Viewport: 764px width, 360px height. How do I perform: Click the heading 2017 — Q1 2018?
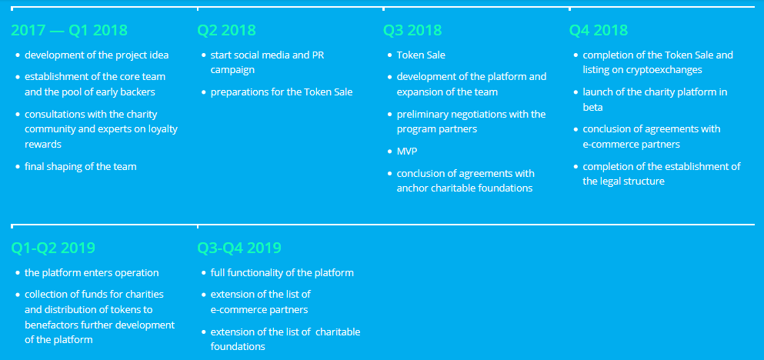69,30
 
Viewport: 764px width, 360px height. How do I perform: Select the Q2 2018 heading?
226,30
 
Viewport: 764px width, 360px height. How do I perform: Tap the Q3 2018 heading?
412,30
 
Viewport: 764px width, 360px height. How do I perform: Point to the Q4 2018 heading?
599,30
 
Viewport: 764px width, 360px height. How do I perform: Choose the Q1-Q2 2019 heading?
53,248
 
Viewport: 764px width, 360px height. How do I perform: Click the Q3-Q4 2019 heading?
239,248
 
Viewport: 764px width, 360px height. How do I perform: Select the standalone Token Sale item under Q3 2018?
421,55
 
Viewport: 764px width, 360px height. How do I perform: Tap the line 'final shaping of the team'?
80,167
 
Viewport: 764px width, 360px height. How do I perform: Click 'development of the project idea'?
96,55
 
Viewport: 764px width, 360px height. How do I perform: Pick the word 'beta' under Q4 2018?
592,107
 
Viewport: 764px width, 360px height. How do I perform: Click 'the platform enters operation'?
92,273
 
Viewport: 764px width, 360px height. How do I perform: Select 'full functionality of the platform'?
282,273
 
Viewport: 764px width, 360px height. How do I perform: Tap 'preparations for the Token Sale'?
282,92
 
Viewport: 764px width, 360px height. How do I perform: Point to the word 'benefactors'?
51,325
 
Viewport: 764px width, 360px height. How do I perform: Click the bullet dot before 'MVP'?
389,152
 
